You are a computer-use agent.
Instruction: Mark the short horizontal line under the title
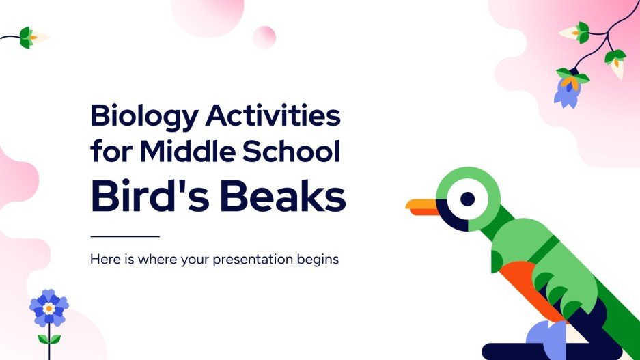(125, 236)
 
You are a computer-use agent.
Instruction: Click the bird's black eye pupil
(467, 199)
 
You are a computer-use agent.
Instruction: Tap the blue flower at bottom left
(48, 308)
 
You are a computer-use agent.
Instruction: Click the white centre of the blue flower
(48, 309)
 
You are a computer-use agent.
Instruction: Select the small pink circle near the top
(264, 37)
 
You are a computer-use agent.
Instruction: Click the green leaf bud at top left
(27, 37)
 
